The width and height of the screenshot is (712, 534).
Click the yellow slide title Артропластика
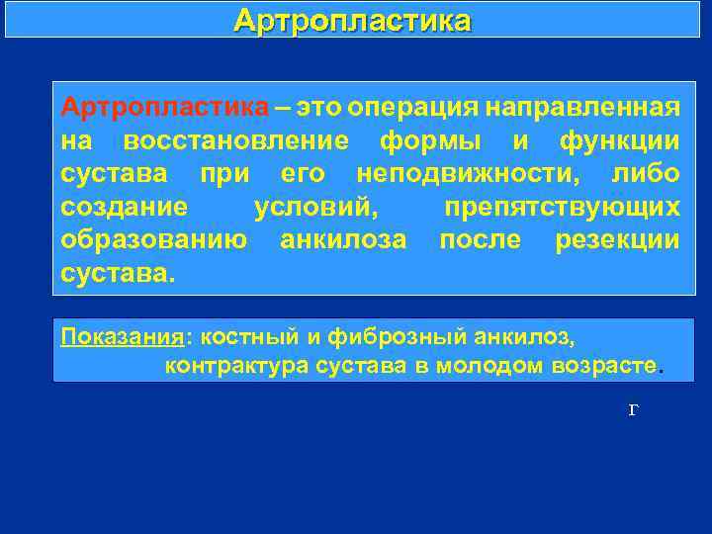pyautogui.click(x=353, y=21)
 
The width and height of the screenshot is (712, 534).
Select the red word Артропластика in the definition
pyautogui.click(x=164, y=107)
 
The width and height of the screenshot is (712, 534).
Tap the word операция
pyautogui.click(x=416, y=107)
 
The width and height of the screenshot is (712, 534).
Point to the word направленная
pyautogui.click(x=583, y=107)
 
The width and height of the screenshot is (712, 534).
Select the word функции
pyautogui.click(x=619, y=140)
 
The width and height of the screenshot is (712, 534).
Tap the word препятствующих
pyautogui.click(x=562, y=208)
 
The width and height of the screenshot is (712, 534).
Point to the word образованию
pyautogui.click(x=153, y=240)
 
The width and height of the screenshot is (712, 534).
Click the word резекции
pyautogui.click(x=617, y=240)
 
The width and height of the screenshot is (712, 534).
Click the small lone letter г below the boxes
pyautogui.click(x=633, y=409)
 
